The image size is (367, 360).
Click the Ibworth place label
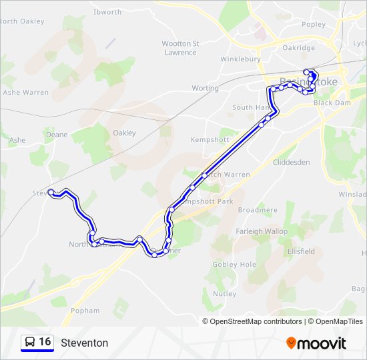point(107,12)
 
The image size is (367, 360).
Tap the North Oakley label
point(22,21)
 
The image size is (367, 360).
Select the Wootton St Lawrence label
point(180,48)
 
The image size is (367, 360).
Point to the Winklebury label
point(241,59)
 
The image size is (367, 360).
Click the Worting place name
point(205,88)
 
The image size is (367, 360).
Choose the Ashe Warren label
point(26,93)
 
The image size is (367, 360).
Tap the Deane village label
point(57,135)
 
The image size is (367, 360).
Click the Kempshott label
point(210,140)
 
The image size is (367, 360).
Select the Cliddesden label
point(292,162)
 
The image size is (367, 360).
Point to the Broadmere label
point(257,210)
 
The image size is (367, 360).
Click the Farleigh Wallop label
point(262,231)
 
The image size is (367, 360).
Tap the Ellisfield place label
point(301,252)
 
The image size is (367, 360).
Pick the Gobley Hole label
point(234,265)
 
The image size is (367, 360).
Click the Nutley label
point(225,293)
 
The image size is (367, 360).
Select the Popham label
point(85,311)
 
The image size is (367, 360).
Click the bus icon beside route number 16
point(29,343)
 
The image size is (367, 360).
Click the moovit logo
point(316,343)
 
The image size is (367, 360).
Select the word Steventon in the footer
point(84,343)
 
